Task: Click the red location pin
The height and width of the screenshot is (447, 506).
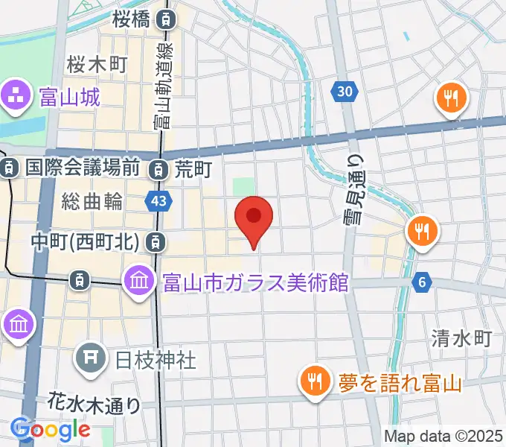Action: [254, 218]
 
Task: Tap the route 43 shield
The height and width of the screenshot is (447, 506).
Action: [158, 200]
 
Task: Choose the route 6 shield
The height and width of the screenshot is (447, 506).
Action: [423, 282]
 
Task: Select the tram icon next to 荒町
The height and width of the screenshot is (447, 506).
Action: [158, 170]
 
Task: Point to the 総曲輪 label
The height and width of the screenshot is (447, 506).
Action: [92, 200]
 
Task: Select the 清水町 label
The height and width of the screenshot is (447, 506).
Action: [461, 339]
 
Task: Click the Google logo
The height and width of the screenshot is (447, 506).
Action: [51, 429]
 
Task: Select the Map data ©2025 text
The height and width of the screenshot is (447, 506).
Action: [443, 436]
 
